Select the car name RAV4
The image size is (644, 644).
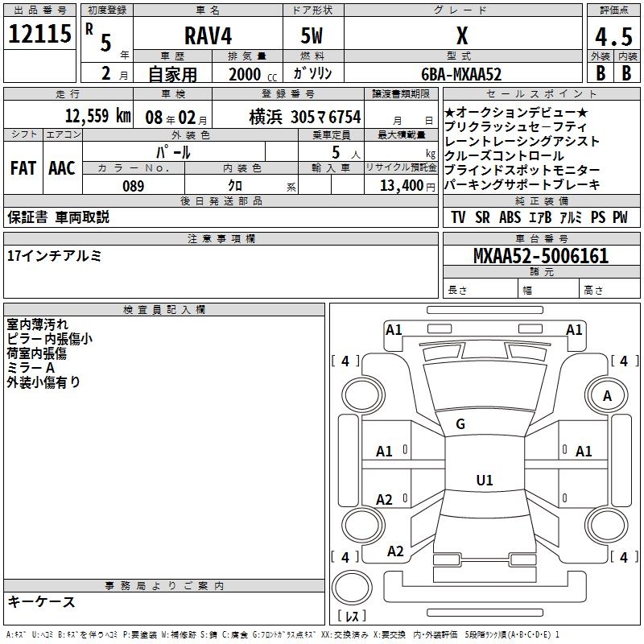pyautogui.click(x=206, y=36)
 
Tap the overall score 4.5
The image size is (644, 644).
pyautogui.click(x=613, y=37)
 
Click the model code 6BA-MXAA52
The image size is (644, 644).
pyautogui.click(x=460, y=74)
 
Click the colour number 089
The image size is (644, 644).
pyautogui.click(x=134, y=186)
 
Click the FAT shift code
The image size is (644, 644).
pyautogui.click(x=23, y=168)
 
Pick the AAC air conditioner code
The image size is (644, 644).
pyautogui.click(x=61, y=168)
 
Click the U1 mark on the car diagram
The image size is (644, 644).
pyautogui.click(x=484, y=481)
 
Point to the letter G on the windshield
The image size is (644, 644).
pyautogui.click(x=460, y=424)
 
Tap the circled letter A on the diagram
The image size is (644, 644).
pyautogui.click(x=607, y=395)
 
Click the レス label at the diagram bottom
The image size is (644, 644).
pyautogui.click(x=353, y=616)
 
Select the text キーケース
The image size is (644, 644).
pyautogui.click(x=41, y=601)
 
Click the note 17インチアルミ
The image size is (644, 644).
pyautogui.click(x=54, y=255)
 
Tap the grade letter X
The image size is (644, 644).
pyautogui.click(x=461, y=36)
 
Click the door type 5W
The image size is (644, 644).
pyautogui.click(x=313, y=36)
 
